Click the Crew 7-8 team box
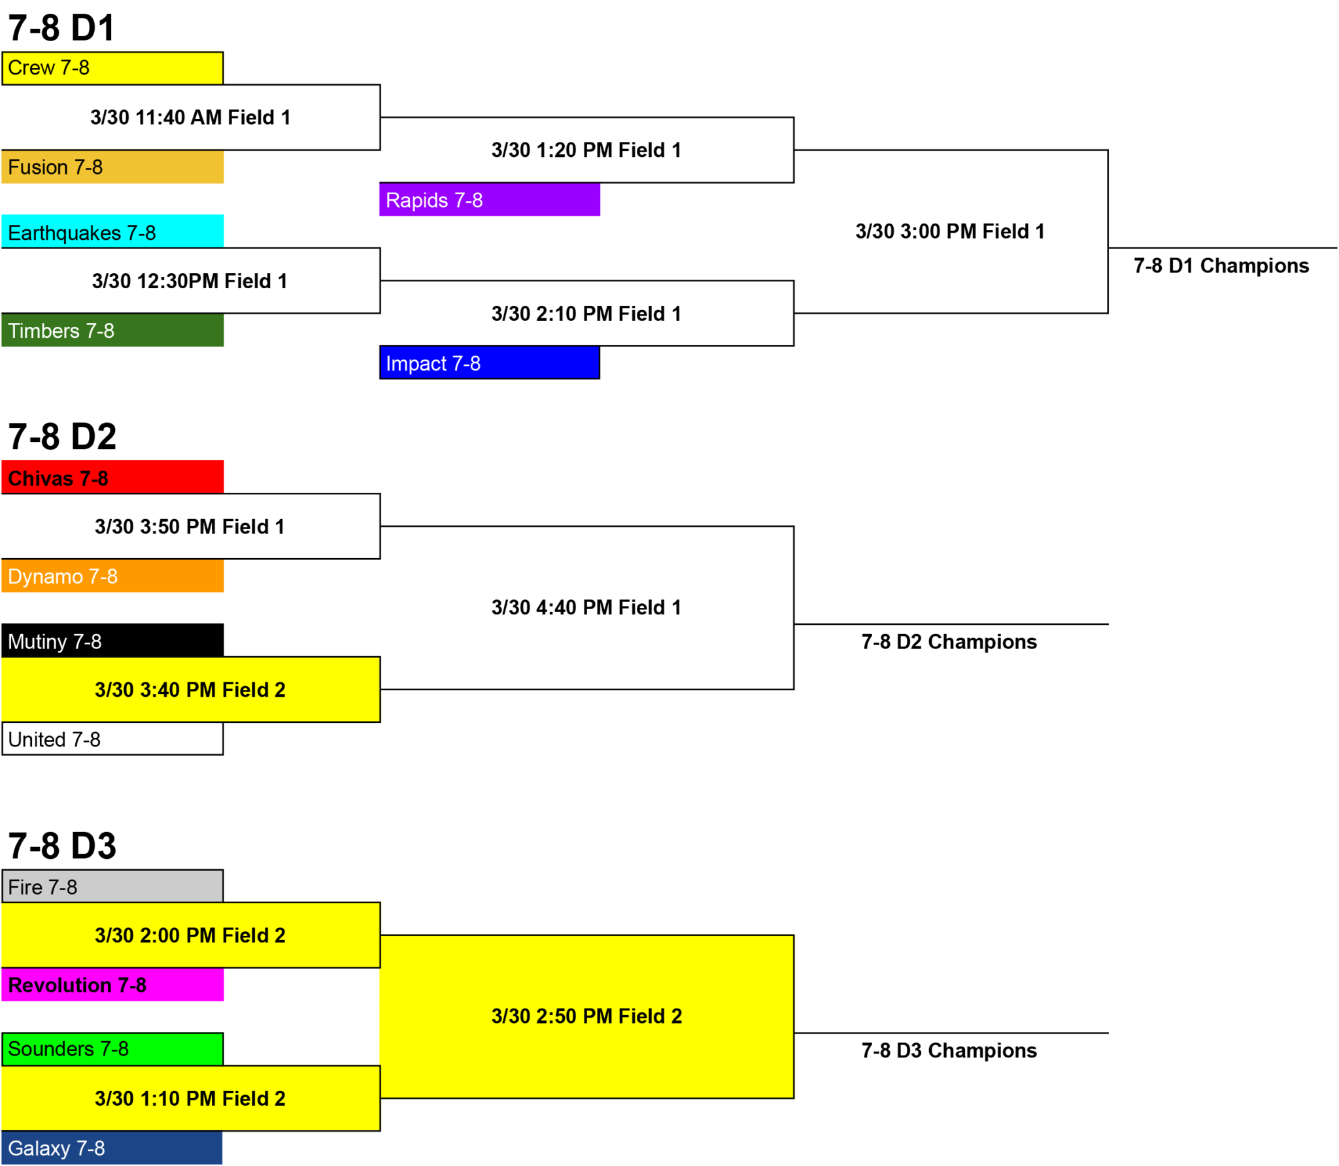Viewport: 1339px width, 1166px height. click(x=112, y=68)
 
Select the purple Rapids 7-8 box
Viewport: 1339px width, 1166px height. click(x=489, y=199)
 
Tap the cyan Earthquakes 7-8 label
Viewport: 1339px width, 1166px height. click(x=112, y=231)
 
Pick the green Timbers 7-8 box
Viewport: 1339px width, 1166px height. click(x=112, y=330)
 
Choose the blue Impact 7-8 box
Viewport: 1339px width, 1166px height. click(x=489, y=363)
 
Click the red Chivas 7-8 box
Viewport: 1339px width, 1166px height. click(x=112, y=477)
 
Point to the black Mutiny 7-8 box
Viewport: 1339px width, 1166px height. click(x=112, y=641)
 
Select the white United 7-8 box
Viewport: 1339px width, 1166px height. click(x=112, y=739)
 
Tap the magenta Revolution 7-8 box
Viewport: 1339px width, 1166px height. click(x=112, y=984)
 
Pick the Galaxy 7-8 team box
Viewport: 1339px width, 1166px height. click(x=112, y=1148)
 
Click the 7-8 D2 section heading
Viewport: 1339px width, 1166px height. click(x=62, y=437)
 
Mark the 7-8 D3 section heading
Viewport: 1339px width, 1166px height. click(x=62, y=846)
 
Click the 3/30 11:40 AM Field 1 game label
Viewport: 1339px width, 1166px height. click(x=190, y=118)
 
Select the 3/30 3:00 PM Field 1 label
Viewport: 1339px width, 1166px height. click(x=950, y=231)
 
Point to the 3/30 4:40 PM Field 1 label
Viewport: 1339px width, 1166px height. click(x=586, y=608)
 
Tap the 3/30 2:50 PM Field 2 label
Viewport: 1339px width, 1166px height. click(x=586, y=1016)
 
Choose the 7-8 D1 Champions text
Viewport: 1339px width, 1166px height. click(x=1221, y=266)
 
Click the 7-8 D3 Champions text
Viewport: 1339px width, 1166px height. click(x=949, y=1050)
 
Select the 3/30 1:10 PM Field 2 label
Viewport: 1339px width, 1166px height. click(x=190, y=1099)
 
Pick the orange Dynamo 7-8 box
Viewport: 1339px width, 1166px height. click(x=112, y=576)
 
